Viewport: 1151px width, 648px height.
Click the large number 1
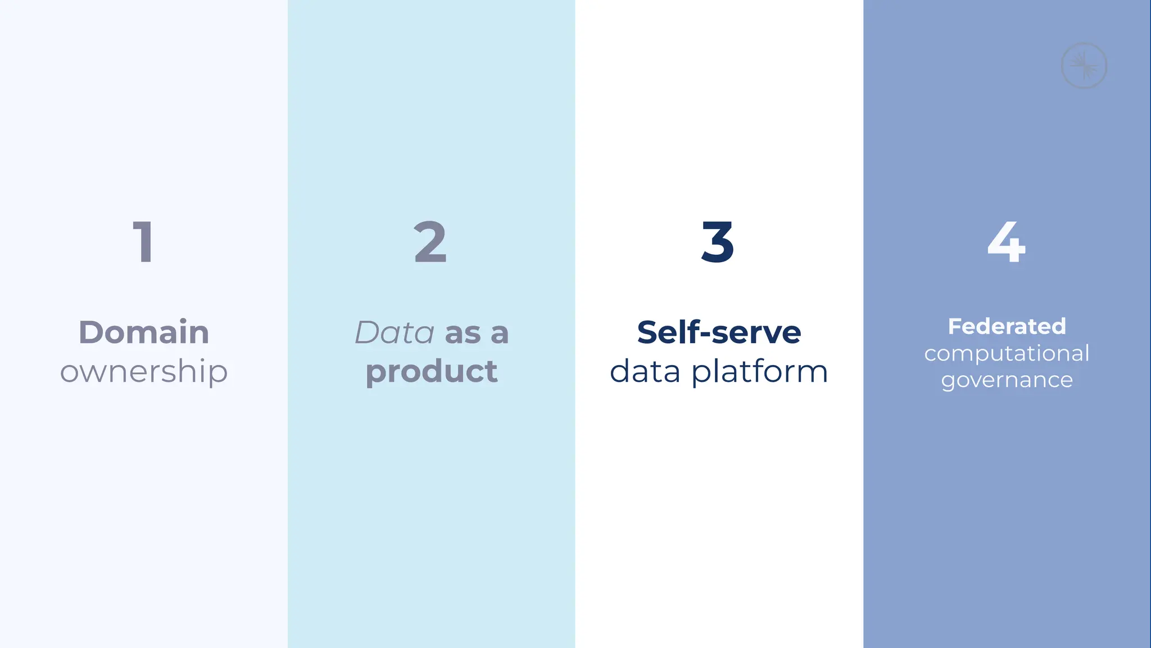[143, 242]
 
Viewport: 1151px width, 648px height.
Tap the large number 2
[431, 242]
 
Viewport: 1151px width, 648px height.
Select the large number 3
[718, 242]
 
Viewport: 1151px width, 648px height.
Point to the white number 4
[1007, 242]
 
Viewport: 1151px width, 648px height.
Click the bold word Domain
[144, 332]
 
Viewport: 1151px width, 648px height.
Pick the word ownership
[144, 372]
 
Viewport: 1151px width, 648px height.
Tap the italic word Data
[395, 332]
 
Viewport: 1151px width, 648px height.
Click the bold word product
[432, 372]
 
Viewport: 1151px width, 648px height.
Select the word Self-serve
[719, 332]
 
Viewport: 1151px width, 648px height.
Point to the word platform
[760, 372]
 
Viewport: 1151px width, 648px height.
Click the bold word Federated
[1007, 326]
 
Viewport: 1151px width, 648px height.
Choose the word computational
[1007, 354]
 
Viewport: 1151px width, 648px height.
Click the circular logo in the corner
[1084, 65]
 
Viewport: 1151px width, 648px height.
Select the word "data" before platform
[645, 372]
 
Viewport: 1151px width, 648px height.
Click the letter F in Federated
[954, 326]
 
